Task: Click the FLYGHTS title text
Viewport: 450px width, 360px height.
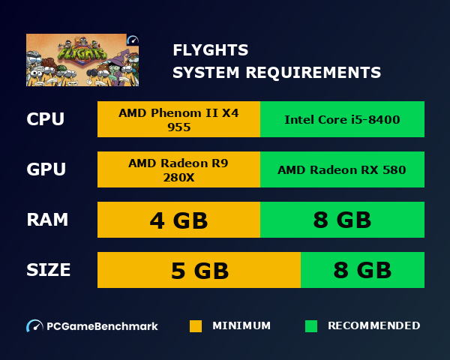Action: tap(211, 51)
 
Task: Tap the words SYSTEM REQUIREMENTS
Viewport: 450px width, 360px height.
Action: tap(277, 73)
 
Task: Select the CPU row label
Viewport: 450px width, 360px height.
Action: tap(46, 119)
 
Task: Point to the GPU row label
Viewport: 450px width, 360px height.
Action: tap(46, 169)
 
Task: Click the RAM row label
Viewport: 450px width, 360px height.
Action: tap(47, 220)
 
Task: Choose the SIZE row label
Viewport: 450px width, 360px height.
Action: tap(49, 270)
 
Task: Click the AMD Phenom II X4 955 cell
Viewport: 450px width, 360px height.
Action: tap(178, 120)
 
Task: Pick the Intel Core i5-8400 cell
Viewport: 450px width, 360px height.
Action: tap(342, 120)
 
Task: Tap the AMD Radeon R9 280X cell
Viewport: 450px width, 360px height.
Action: tap(178, 169)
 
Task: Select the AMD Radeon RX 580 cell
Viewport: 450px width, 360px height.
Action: tap(342, 170)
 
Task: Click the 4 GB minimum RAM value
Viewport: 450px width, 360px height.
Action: tap(178, 220)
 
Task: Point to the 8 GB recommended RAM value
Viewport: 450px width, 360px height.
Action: tap(342, 220)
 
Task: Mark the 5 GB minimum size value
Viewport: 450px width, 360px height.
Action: tap(199, 271)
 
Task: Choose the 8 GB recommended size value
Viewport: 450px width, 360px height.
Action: tap(362, 271)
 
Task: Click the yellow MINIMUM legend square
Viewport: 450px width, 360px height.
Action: tap(196, 326)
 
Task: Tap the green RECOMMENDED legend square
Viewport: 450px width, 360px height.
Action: tap(311, 326)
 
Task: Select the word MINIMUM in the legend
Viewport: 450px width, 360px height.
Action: tap(241, 326)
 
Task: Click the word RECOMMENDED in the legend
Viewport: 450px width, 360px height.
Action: tap(373, 326)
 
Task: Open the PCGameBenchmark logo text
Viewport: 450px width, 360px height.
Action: tap(102, 326)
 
